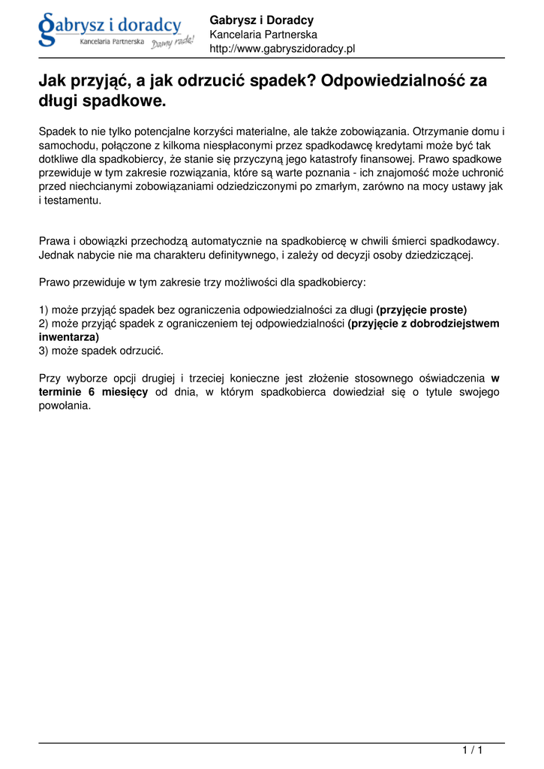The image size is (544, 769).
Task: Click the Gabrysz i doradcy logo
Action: pos(116,30)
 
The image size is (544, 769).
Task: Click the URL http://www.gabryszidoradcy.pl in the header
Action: pos(281,49)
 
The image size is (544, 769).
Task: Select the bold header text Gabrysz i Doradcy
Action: pos(261,20)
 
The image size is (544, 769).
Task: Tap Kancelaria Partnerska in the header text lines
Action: pos(263,35)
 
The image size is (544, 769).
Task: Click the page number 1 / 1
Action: pos(472,750)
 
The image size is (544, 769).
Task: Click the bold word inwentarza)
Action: pos(69,337)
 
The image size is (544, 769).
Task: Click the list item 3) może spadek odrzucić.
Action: pos(101,351)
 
